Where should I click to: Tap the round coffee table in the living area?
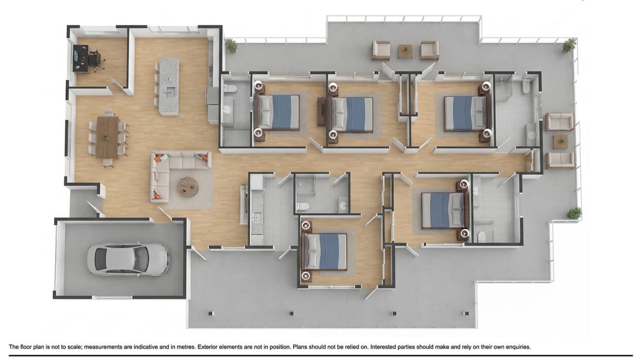click(x=188, y=187)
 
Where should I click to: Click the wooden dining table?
click(x=108, y=137)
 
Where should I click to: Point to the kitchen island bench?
click(x=169, y=86)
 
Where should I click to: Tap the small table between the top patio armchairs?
click(x=405, y=51)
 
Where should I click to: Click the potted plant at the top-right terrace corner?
click(x=569, y=45)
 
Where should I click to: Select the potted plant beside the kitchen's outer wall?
click(x=231, y=45)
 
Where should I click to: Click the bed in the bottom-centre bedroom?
click(x=326, y=251)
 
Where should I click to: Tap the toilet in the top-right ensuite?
click(x=526, y=86)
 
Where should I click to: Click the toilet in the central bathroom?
click(x=303, y=206)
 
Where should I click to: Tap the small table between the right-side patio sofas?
click(x=561, y=141)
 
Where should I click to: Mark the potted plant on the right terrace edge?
click(x=574, y=213)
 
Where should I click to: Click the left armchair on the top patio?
click(x=381, y=50)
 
